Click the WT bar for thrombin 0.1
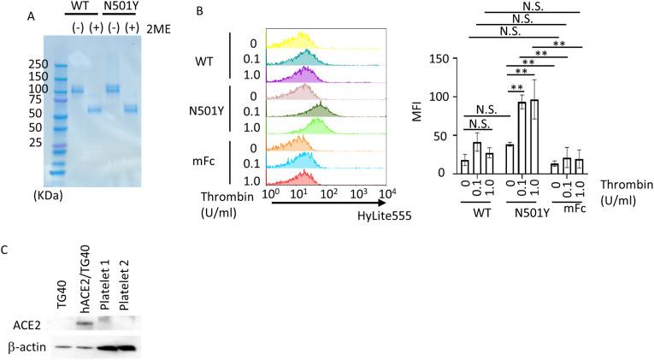tap(477, 157)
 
